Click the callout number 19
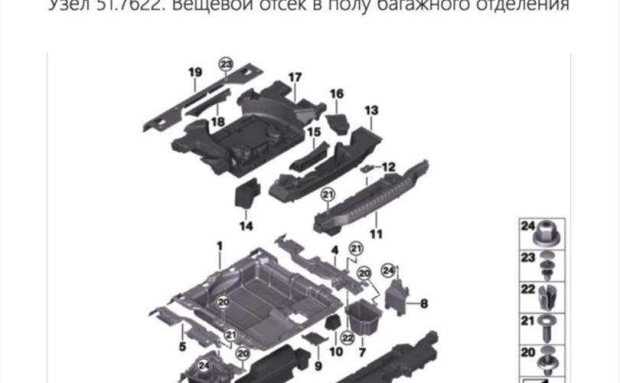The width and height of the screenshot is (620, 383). point(195,73)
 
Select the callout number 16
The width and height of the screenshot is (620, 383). point(337,94)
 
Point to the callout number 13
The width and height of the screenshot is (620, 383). point(371,111)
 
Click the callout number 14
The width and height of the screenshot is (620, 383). point(246,225)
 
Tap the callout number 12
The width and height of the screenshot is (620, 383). point(388,166)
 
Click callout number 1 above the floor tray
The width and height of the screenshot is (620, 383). point(219,246)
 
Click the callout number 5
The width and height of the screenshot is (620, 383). point(182,347)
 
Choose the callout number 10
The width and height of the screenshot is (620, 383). point(335,352)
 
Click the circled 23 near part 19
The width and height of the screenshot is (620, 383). point(225,64)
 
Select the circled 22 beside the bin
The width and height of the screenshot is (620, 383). point(347,335)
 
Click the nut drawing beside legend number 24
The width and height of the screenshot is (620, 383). point(549,229)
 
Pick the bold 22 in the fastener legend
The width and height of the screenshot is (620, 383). point(527,288)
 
